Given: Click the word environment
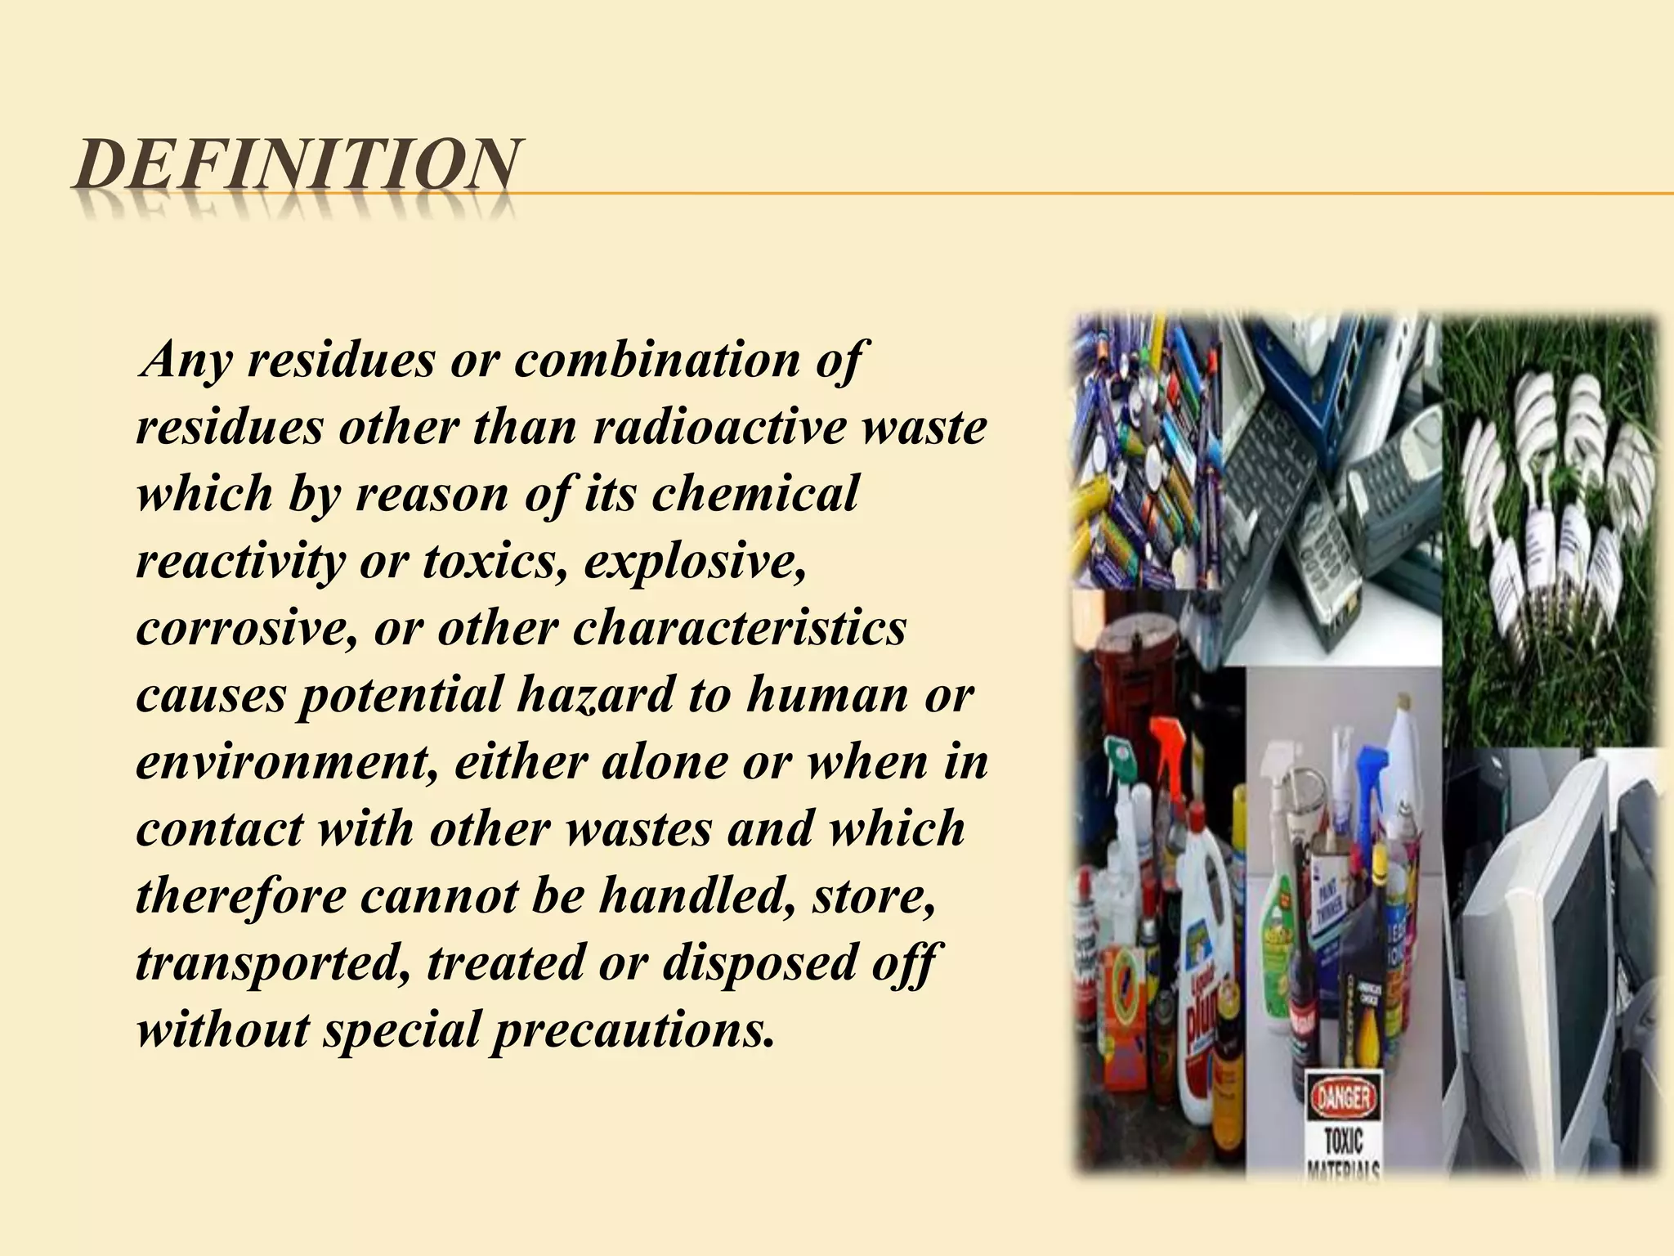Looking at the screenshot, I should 286,762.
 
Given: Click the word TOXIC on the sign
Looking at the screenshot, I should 1345,1140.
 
